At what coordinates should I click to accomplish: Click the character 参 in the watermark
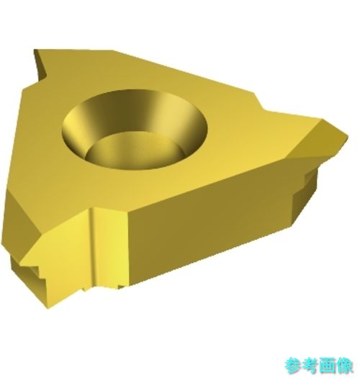pos(293,366)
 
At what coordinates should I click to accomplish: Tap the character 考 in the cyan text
pos(310,366)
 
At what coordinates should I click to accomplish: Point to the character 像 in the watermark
pos(344,366)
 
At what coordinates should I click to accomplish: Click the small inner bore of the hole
pos(135,150)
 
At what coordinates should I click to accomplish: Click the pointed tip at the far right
pos(347,137)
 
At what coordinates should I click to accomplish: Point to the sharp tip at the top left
pos(35,50)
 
